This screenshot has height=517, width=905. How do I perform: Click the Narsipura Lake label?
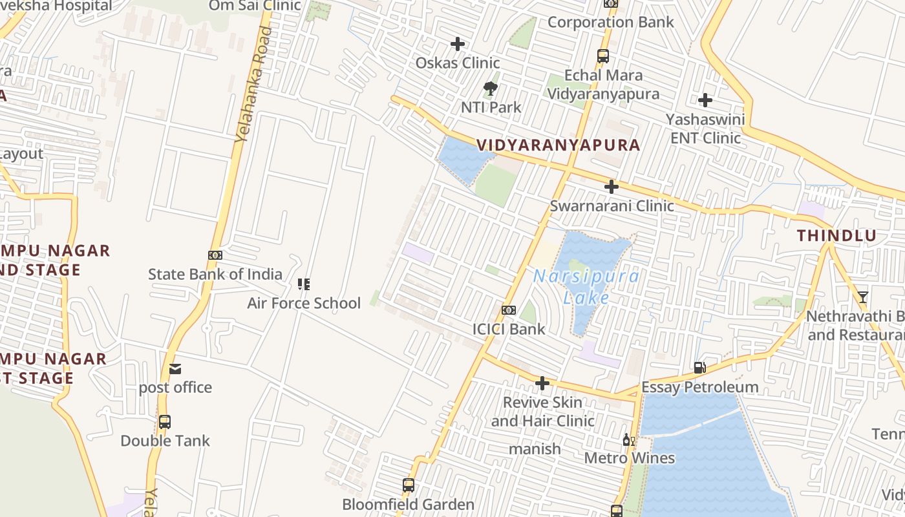[x=586, y=287]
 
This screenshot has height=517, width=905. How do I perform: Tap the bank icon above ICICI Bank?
[x=509, y=310]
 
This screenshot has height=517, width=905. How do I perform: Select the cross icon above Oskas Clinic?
[x=458, y=44]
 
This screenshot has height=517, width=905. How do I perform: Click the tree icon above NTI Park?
[x=491, y=89]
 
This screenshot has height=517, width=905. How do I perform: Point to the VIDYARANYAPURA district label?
[x=559, y=145]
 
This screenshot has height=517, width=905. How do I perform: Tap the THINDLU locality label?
[x=836, y=236]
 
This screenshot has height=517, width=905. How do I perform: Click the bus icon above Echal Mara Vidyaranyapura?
[x=603, y=56]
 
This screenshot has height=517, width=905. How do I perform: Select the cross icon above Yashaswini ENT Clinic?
[x=705, y=100]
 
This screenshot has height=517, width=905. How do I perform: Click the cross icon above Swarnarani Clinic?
[x=611, y=187]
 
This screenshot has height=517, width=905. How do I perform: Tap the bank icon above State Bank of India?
[x=215, y=255]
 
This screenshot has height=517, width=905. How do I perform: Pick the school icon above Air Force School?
[x=304, y=284]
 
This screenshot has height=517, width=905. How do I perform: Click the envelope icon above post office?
[x=175, y=369]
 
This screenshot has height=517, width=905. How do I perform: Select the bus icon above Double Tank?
[x=165, y=422]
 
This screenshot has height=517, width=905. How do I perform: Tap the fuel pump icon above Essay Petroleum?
[x=699, y=368]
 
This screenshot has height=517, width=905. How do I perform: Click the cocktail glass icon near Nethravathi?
[x=862, y=297]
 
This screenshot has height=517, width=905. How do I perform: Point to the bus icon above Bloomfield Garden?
[x=409, y=485]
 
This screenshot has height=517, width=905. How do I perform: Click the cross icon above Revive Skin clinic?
[x=542, y=384]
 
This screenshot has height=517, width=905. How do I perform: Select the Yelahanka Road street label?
[x=251, y=84]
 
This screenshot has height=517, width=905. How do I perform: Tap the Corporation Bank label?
[x=610, y=22]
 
